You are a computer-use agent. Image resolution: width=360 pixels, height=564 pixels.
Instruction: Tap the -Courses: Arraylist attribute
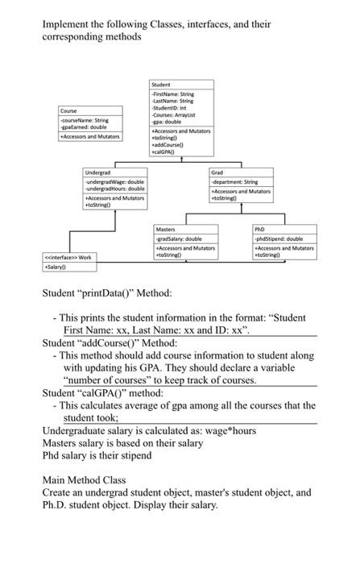point(171,115)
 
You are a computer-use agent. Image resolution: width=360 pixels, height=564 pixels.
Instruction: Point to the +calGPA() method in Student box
point(163,150)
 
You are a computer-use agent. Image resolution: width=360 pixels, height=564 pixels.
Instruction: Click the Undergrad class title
point(97,173)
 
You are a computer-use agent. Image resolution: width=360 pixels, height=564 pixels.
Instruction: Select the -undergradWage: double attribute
point(114,182)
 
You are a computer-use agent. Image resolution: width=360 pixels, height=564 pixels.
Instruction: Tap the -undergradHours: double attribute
point(116,189)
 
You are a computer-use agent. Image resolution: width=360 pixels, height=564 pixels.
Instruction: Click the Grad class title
point(217,173)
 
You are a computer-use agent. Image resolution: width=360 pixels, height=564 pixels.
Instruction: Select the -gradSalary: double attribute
point(178,239)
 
